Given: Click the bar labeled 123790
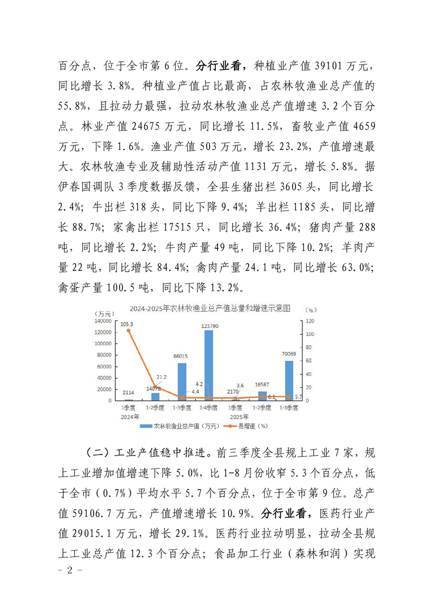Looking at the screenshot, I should click(208, 365).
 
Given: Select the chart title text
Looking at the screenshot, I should click(210, 308).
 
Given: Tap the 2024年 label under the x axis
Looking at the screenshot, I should click(130, 417).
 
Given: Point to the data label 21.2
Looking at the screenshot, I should click(161, 377).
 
